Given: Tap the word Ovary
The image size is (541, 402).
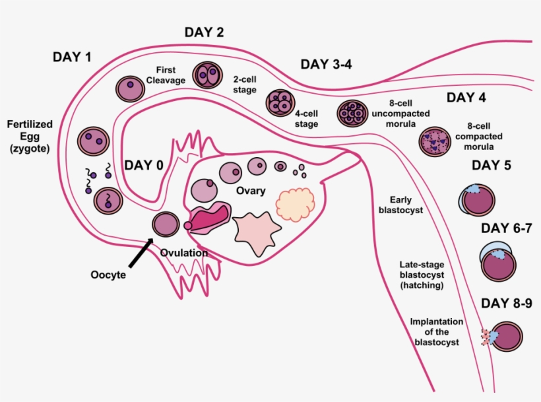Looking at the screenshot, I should pyautogui.click(x=251, y=191).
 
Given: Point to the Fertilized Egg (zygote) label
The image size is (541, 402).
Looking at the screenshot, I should pyautogui.click(x=30, y=136).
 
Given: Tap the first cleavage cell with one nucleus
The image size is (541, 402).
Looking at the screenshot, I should pyautogui.click(x=130, y=88).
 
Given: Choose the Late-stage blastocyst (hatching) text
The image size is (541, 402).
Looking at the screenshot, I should pyautogui.click(x=421, y=273).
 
